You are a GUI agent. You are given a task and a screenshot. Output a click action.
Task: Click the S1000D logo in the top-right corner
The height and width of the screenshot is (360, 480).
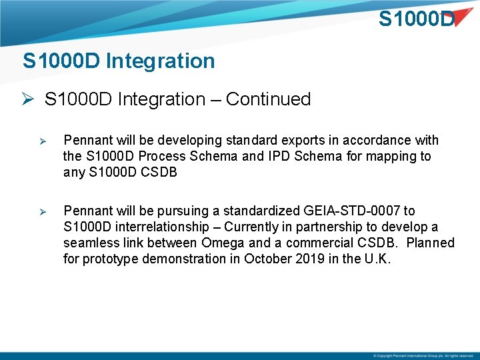(417, 19)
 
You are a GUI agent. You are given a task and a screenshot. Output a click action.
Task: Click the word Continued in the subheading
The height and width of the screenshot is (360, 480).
(268, 99)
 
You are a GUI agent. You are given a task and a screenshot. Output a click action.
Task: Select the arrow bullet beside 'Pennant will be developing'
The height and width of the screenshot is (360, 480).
(41, 141)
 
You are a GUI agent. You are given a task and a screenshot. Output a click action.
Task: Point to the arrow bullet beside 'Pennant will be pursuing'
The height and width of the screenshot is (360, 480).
(41, 211)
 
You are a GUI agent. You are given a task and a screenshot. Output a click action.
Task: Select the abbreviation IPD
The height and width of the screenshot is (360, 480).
(282, 157)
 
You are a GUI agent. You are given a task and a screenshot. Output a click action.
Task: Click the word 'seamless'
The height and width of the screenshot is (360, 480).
(89, 243)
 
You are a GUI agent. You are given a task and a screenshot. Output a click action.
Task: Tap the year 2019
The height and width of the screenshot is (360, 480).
(310, 259)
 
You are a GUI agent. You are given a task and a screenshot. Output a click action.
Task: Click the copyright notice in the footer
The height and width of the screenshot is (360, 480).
(423, 355)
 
